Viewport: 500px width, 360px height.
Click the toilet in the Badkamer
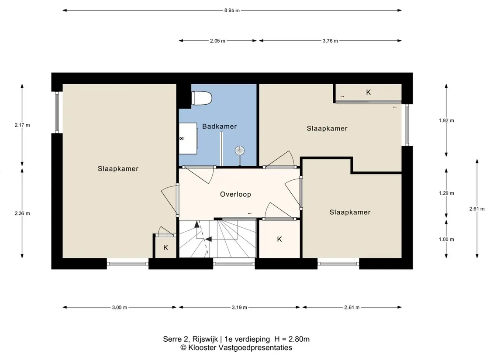(202, 98)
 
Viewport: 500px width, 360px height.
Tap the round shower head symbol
(239, 151)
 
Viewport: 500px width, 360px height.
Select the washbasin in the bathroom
(188, 139)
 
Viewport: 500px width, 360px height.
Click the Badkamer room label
(219, 127)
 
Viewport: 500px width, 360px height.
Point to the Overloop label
(235, 194)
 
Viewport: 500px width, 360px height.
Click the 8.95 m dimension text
(232, 10)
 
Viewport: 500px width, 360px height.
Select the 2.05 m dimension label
(217, 41)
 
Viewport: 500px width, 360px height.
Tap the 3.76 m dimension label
(330, 41)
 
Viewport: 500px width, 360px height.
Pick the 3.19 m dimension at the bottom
(239, 308)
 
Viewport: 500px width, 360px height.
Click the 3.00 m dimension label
(120, 308)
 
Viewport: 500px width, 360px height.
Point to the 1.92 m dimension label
(446, 120)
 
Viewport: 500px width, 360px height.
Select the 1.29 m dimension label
(446, 193)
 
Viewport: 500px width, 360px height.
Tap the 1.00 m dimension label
(446, 239)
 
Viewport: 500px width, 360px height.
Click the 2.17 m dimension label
(22, 125)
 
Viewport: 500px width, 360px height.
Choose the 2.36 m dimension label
(22, 213)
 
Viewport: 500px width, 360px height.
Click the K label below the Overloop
(279, 239)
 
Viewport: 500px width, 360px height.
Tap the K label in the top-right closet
(368, 93)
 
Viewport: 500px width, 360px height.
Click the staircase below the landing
(217, 239)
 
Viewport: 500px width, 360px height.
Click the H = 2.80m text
(292, 339)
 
